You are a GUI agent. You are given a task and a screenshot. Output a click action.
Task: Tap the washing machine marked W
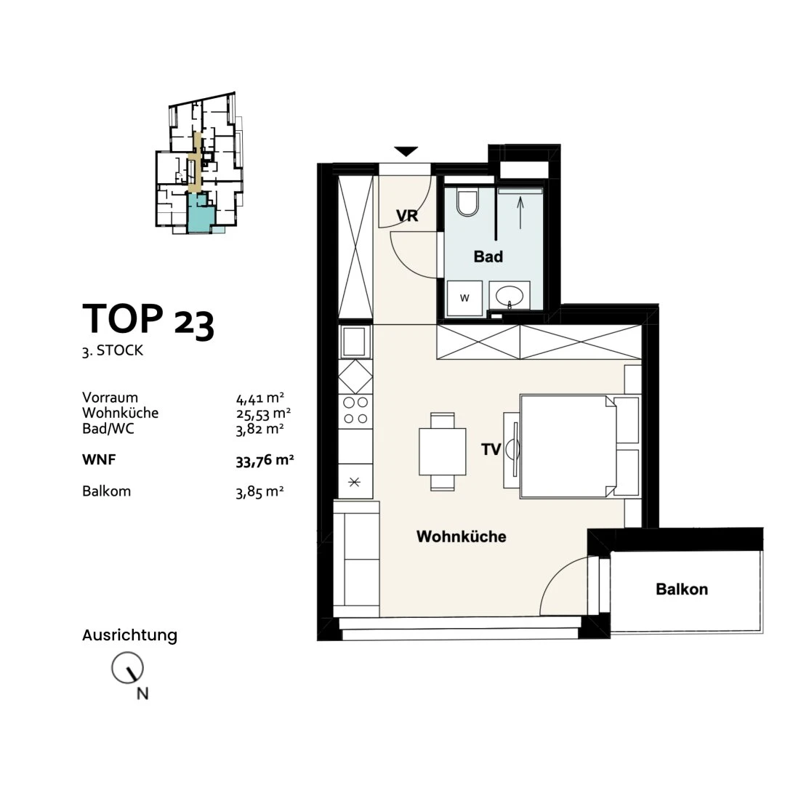pos(464,299)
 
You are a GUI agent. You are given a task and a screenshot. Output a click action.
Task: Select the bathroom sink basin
pos(510,297)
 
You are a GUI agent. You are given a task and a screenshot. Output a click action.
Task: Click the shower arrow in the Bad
pos(520,213)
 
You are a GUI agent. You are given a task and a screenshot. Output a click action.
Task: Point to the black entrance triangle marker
pos(406,151)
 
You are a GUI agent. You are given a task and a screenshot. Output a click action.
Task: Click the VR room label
pos(406,216)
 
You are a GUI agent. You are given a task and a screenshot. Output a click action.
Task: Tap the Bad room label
pos(488,257)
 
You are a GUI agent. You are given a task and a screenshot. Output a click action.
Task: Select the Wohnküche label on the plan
pos(461,536)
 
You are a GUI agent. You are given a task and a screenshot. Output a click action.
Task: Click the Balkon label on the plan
pos(682,589)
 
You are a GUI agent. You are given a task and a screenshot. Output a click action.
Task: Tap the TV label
pos(491,450)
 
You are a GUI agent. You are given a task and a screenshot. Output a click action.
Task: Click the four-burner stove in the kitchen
pos(355,411)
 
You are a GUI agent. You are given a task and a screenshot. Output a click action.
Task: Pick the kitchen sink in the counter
pos(355,342)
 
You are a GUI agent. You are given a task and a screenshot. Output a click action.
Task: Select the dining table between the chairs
pos(443,451)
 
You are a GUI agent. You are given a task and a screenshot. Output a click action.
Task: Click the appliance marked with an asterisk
pos(355,482)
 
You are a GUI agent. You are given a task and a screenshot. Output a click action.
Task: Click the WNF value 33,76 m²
pos(265,460)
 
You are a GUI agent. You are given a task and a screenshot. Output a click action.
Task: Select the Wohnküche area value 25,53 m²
pos(263,414)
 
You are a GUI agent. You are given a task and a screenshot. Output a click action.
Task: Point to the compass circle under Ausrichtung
pos(127,668)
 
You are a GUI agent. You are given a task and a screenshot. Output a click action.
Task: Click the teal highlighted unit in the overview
pos(201,213)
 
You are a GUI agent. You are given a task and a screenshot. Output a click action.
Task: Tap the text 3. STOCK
pos(113,350)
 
